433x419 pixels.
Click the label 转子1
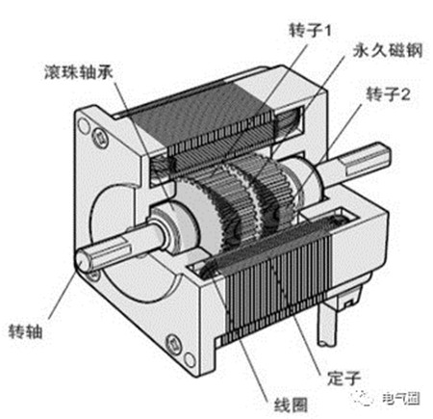coord(310,31)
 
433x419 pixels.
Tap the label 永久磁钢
coord(388,50)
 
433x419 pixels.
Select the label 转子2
coord(388,94)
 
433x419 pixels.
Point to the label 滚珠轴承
coord(79,72)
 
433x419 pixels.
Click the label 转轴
coord(25,331)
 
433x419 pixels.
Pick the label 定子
coord(344,378)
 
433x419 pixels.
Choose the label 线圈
coord(291,405)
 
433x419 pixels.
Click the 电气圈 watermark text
coord(401,399)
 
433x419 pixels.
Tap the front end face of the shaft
coord(83,261)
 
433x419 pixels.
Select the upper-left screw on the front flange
coord(100,139)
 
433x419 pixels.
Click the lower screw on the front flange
coord(174,344)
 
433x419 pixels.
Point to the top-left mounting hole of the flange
coord(84,125)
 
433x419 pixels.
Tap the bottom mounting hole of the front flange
coord(190,359)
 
